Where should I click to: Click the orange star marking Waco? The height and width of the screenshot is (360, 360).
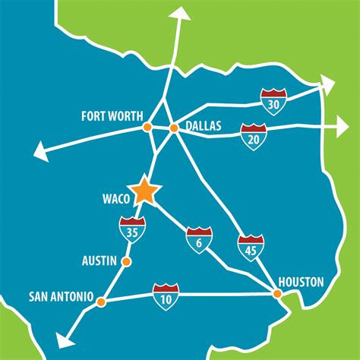point(144,192)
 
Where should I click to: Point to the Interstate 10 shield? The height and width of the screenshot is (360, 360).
point(166,293)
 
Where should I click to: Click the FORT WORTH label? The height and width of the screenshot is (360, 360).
point(112,115)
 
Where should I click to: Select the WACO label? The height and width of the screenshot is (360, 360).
point(115,201)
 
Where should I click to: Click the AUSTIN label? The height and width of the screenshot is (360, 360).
point(99,261)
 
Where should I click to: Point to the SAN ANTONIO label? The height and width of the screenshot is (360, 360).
point(61,295)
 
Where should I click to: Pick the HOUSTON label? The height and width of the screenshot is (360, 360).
point(301,282)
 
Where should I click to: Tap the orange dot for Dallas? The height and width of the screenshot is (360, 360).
point(173,128)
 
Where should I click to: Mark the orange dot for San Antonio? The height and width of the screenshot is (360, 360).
point(102,301)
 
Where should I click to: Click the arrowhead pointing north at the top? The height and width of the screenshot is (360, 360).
point(181,12)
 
